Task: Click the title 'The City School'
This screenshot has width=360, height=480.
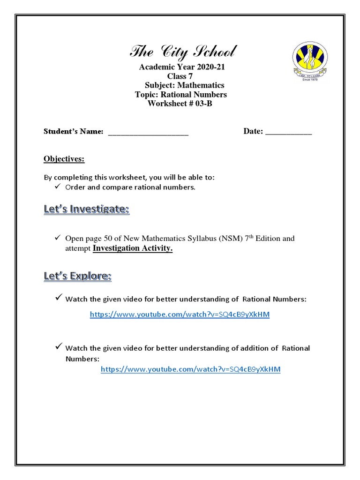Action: [183, 51]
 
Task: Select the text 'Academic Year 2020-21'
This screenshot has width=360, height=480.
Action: [182, 67]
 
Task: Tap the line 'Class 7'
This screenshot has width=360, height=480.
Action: [180, 76]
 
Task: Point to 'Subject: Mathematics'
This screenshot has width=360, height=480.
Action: [184, 85]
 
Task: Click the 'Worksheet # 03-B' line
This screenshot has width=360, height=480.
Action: [180, 104]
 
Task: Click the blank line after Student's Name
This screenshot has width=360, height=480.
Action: [148, 132]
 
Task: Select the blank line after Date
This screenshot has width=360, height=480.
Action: [288, 132]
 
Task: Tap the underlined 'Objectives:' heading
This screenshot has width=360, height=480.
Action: [64, 159]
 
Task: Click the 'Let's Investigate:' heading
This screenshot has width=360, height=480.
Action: [86, 210]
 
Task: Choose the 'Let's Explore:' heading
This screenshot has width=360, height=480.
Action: [77, 276]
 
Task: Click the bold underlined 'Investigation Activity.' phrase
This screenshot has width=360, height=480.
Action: [133, 248]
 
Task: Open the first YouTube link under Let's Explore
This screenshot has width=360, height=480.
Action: [180, 315]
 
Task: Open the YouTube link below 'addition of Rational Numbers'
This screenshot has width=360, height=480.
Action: [191, 369]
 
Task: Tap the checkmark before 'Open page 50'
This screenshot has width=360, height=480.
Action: [59, 238]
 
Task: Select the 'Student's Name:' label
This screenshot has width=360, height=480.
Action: [74, 132]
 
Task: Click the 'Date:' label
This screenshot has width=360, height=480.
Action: [253, 131]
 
